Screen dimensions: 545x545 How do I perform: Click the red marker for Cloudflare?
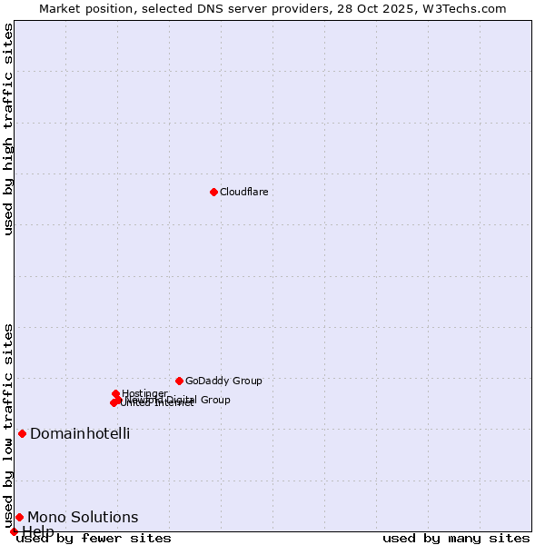213,192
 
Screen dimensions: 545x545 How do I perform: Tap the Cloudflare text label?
243,192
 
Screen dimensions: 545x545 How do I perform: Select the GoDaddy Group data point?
179,381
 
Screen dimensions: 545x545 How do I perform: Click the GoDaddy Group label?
223,381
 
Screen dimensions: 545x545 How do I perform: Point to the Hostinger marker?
116,394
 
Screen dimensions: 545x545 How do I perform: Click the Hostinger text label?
144,393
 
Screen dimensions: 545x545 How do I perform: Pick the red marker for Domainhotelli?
22,433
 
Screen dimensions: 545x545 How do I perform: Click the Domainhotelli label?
80,433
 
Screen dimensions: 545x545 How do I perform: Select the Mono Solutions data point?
19,517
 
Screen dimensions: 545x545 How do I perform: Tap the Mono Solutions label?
83,517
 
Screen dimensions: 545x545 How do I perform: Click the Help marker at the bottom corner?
14,531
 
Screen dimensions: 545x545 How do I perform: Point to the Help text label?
38,531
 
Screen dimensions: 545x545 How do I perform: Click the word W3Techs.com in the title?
467,8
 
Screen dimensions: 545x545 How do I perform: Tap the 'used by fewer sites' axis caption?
94,539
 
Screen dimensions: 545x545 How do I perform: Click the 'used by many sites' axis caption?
456,539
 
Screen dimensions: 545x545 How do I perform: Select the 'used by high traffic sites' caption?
8,129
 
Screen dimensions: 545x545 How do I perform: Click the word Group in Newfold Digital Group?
214,400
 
